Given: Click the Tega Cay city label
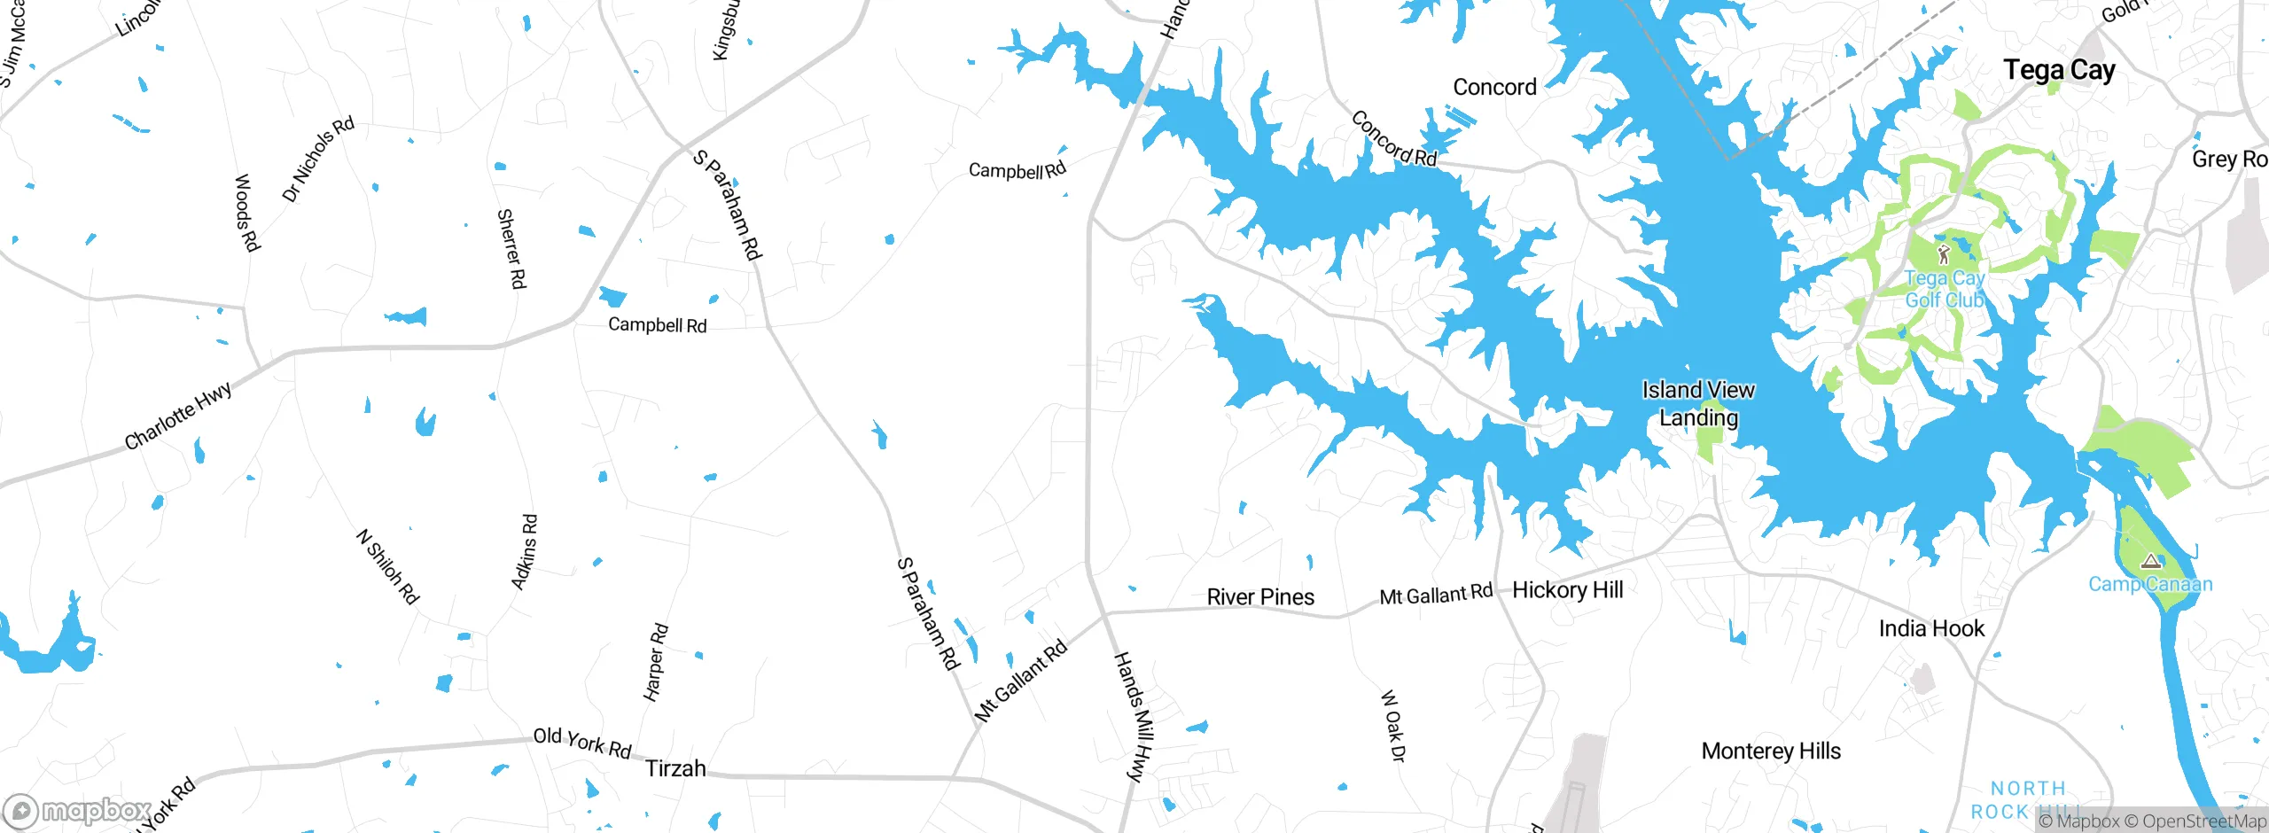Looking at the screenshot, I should (x=2059, y=70).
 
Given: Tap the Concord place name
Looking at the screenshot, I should (x=1494, y=87).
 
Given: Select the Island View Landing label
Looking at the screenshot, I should (x=1697, y=403).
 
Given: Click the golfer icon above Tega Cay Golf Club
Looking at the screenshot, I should (x=1944, y=254).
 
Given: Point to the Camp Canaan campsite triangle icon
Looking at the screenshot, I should (x=2151, y=562).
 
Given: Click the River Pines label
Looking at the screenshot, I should (x=1260, y=597).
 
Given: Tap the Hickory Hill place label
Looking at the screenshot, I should (x=1567, y=590).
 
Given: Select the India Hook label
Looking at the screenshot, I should (x=1931, y=628).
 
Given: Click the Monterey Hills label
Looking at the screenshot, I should (x=1771, y=751).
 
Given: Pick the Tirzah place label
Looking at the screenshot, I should (x=675, y=768).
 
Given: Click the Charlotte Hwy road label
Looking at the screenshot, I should (x=178, y=416).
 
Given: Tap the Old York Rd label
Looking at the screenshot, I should (x=581, y=743).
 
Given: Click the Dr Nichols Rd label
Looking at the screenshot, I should (x=317, y=160).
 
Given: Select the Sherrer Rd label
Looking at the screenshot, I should (x=511, y=249).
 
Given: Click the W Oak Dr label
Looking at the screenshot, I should (x=1392, y=726).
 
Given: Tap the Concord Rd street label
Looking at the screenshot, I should (x=1393, y=139).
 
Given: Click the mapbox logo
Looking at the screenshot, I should (x=78, y=810).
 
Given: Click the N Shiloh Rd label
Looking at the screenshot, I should (x=387, y=567).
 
